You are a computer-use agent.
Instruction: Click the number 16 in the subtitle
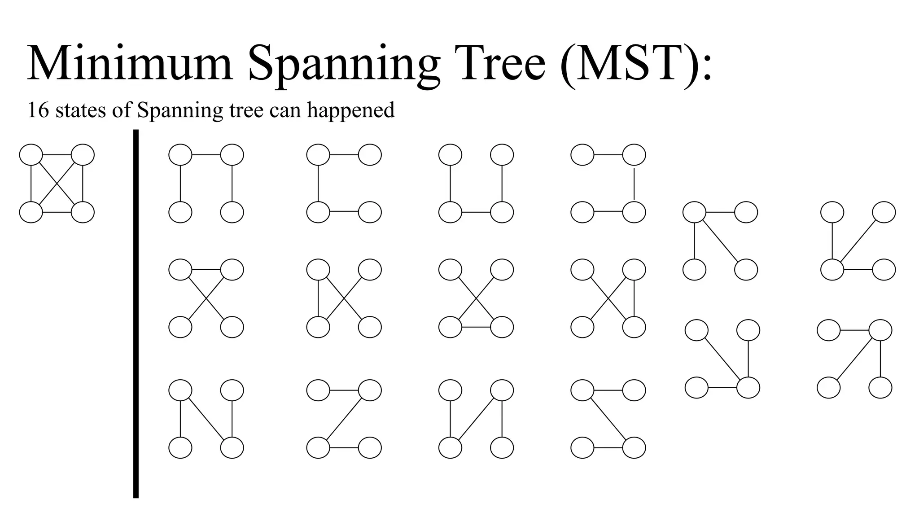[38, 110]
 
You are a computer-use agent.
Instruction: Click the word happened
[351, 110]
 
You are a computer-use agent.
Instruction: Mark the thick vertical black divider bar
[136, 314]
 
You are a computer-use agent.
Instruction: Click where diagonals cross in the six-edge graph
[57, 184]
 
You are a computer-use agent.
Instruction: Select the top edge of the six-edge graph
[57, 155]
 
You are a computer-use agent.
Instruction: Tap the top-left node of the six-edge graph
[31, 155]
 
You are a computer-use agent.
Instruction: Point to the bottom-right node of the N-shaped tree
[232, 447]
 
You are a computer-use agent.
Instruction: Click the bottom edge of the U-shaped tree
[476, 212]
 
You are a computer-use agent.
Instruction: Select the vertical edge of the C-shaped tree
[318, 184]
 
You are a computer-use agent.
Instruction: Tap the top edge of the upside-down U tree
[206, 155]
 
